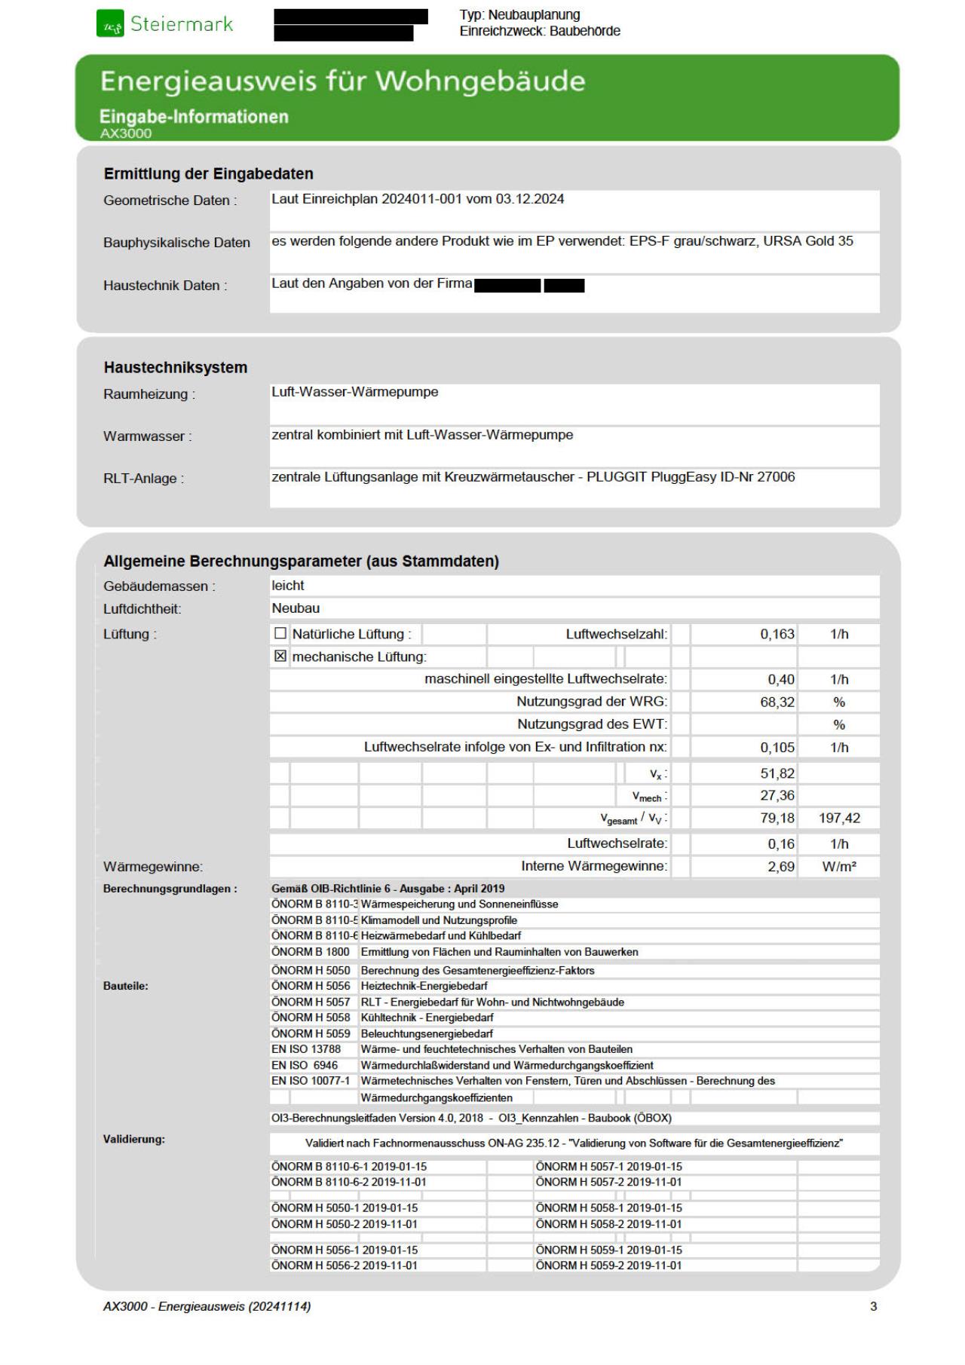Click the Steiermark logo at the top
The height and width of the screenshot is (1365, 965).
coord(165,24)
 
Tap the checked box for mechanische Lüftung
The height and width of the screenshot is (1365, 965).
coord(280,656)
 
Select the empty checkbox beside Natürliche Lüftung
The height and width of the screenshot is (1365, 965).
coord(280,634)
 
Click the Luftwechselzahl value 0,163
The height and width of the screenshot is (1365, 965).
coord(777,634)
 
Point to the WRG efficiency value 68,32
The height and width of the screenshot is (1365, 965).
coord(777,702)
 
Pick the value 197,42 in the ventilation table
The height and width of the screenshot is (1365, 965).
coord(839,818)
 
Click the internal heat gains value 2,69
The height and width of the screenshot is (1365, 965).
coord(781,866)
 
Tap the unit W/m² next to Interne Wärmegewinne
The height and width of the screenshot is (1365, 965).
coord(839,866)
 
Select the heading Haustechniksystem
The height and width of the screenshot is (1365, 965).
coord(176,368)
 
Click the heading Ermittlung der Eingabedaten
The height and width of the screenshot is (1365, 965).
coord(208,173)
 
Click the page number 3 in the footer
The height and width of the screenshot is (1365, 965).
coord(873,1306)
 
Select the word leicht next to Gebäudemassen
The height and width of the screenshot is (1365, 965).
coord(288,586)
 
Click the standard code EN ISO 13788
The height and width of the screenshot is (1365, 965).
coord(306,1049)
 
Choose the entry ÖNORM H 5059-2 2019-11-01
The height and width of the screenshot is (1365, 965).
coord(608,1266)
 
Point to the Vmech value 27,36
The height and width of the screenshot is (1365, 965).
coord(777,795)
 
